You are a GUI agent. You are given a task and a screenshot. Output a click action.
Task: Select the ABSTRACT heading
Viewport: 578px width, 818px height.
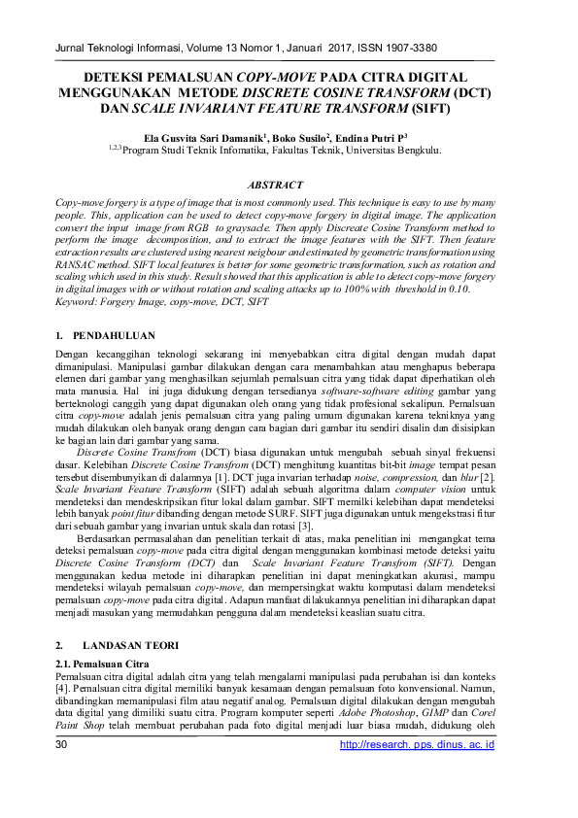tap(276, 184)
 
